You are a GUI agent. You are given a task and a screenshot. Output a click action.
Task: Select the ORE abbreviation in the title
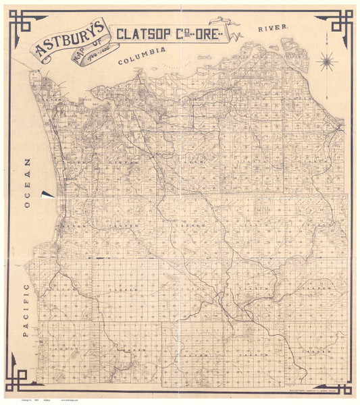(x=204, y=33)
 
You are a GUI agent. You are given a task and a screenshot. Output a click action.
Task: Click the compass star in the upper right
(x=328, y=61)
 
